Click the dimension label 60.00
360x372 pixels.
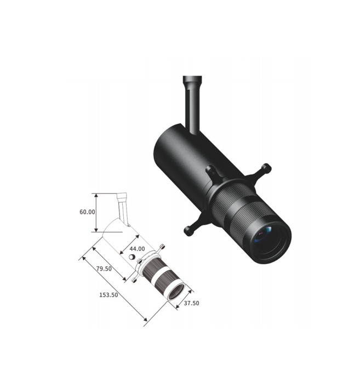coord(87,212)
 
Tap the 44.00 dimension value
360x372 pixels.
coord(137,249)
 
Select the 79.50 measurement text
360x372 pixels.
coord(104,268)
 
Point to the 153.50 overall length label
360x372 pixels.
coord(108,295)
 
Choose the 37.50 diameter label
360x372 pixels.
coord(191,303)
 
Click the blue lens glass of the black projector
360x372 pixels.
coord(264,234)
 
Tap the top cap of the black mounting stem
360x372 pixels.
coord(192,79)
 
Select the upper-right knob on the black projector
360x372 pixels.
coord(266,168)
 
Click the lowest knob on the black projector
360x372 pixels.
coord(189,231)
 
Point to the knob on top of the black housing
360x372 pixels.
coord(210,169)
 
